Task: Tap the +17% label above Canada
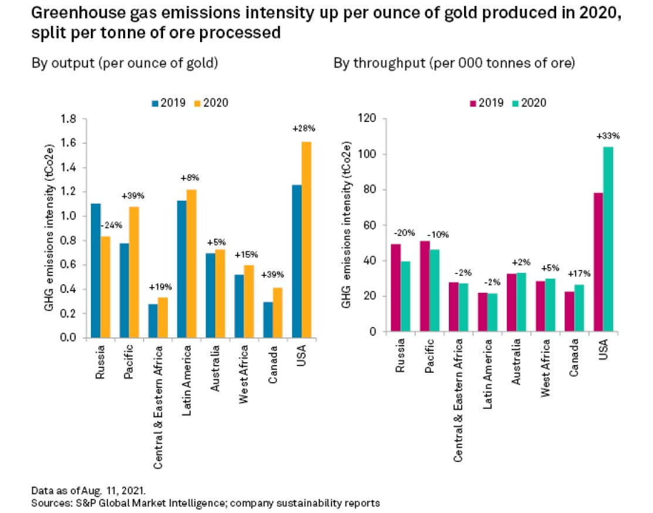[x=573, y=273]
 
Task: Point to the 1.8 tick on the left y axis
[x=70, y=119]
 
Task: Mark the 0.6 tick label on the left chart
[x=70, y=265]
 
